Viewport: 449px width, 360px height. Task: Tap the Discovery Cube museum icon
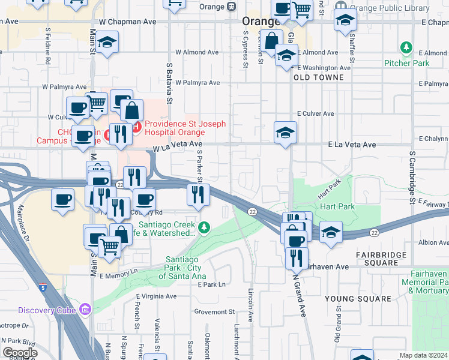[86, 310]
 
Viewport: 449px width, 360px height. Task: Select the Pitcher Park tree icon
[408, 47]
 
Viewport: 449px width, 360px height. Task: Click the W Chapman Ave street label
[128, 21]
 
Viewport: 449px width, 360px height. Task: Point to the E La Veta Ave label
[352, 145]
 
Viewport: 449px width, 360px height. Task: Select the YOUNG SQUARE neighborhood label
[358, 298]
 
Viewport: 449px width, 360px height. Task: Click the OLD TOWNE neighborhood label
[318, 77]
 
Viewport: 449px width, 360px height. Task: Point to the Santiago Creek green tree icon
[205, 227]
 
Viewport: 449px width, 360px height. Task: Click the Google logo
[20, 352]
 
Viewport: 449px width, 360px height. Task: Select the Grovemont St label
[214, 312]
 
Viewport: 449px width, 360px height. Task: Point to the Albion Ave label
[432, 243]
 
